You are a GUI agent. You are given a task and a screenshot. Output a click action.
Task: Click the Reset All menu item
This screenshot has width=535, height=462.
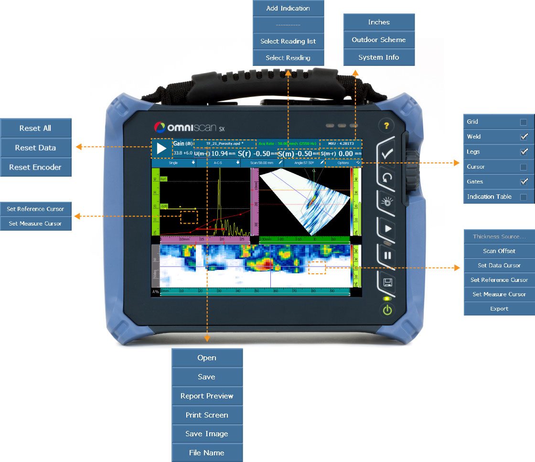(35, 128)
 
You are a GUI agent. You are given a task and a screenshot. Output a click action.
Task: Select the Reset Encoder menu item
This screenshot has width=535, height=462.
(35, 167)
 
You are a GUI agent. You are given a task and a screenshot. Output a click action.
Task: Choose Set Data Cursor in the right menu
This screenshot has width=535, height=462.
(499, 265)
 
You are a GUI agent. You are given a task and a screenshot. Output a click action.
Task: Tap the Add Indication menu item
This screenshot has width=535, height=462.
(288, 8)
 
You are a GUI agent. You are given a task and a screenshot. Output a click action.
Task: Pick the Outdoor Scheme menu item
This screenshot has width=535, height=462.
(379, 40)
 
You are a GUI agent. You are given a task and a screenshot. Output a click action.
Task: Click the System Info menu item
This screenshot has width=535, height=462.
(379, 57)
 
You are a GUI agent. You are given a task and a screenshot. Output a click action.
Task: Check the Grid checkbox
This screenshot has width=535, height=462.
(524, 122)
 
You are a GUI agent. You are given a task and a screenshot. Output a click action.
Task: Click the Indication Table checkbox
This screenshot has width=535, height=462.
(524, 197)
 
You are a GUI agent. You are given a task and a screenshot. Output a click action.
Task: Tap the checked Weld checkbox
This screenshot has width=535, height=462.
(524, 137)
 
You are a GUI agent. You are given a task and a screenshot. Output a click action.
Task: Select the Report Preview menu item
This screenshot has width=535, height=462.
(207, 396)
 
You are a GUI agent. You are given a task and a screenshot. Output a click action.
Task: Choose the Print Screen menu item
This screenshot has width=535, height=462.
(207, 415)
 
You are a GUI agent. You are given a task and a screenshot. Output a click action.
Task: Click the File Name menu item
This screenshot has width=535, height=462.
(207, 453)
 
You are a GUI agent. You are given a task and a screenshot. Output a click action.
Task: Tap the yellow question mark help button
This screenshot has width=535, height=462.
(387, 126)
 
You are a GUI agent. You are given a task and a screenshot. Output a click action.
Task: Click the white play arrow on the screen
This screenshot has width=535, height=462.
(161, 149)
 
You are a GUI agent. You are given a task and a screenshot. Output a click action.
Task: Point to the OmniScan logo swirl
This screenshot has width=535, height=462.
(160, 128)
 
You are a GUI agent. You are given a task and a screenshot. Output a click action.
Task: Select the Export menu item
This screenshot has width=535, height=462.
(499, 309)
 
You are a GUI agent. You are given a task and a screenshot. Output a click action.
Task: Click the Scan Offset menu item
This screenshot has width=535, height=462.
(499, 251)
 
